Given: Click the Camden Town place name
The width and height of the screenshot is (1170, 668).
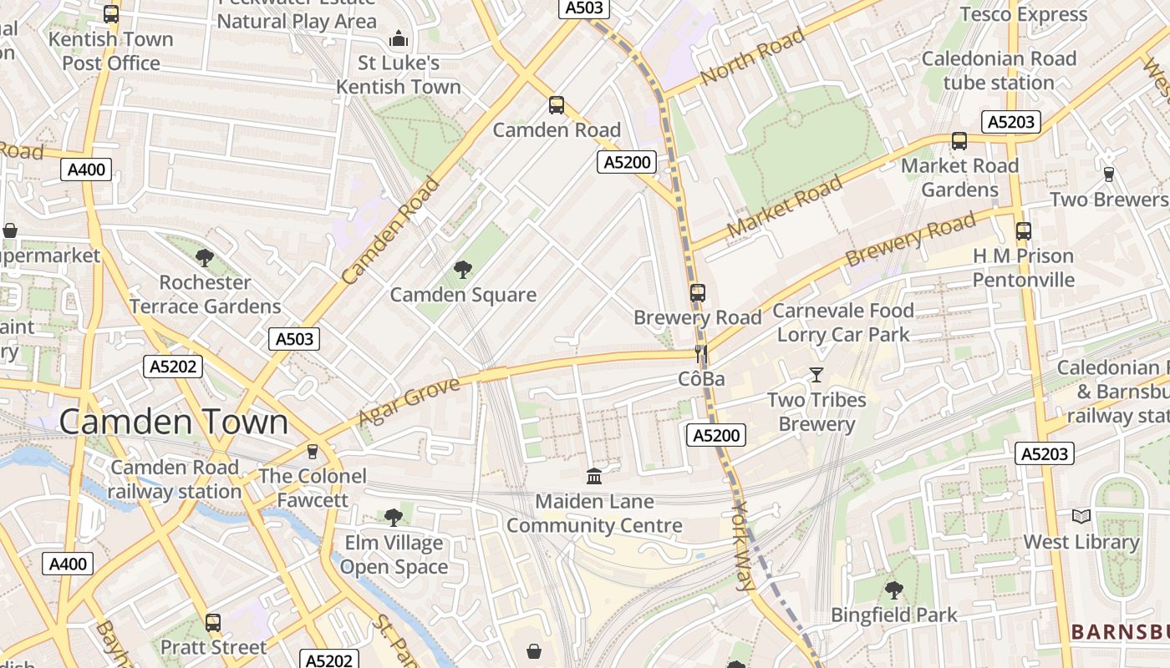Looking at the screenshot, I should (174, 422).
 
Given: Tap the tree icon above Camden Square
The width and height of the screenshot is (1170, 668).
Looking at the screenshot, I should (462, 269).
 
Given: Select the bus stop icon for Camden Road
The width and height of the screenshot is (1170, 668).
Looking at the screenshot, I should (557, 105).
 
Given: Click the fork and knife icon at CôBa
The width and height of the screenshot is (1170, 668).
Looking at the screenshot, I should (701, 354).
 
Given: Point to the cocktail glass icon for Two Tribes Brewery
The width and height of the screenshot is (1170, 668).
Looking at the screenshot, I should (816, 375).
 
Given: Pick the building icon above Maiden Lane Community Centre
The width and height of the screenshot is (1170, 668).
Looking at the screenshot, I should (594, 476).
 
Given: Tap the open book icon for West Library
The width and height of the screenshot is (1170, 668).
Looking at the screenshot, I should (1081, 517).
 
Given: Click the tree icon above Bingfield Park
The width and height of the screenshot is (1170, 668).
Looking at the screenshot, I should (893, 590).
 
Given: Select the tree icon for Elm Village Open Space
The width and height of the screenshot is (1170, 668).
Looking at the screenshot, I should (394, 518).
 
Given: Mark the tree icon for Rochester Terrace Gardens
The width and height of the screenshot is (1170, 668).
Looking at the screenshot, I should (205, 257).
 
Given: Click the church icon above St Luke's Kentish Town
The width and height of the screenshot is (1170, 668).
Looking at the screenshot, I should (399, 38).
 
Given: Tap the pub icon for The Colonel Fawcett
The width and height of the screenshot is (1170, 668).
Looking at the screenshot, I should (313, 451).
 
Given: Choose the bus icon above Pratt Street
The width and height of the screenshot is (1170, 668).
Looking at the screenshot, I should (213, 622).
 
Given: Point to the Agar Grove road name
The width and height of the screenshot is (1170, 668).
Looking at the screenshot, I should (409, 402).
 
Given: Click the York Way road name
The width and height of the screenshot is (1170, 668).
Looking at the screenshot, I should (742, 546).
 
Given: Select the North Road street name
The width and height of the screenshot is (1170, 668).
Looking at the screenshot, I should (752, 56).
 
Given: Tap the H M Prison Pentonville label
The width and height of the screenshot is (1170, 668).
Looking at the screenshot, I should (1023, 267).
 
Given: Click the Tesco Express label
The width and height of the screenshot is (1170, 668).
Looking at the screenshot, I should (1024, 14).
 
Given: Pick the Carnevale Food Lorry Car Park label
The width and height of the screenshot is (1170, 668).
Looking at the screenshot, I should (843, 322).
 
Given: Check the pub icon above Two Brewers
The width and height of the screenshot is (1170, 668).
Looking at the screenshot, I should (1108, 174).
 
